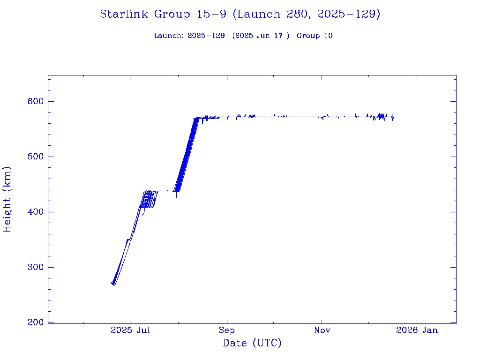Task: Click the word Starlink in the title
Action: coord(125,15)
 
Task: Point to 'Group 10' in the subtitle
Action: coord(315,36)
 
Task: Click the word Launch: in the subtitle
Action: coord(169,36)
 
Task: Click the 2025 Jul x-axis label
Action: coord(130,330)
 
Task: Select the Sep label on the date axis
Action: coord(227,330)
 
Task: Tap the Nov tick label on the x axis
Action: coord(322,330)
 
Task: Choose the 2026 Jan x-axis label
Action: coord(417,330)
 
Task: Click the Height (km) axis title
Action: coord(7,199)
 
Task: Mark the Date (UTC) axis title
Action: coord(252,344)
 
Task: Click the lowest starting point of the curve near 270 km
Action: coord(114,285)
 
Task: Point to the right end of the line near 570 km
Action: coord(394,118)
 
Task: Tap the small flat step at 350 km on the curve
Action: coord(128,240)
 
